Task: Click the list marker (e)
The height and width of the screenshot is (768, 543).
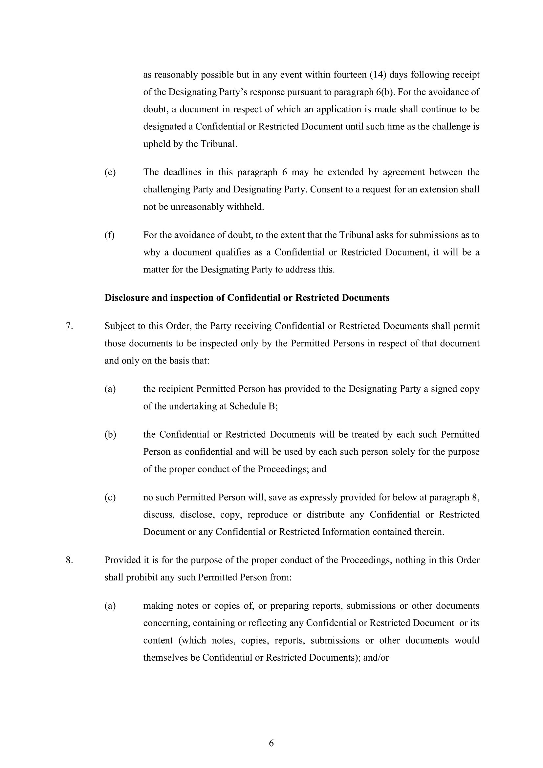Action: point(110,172)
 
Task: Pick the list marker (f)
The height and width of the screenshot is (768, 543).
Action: point(110,235)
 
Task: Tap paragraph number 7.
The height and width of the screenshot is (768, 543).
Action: point(69,326)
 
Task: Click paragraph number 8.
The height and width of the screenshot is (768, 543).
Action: point(69,560)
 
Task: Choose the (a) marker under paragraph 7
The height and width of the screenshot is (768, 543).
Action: point(110,389)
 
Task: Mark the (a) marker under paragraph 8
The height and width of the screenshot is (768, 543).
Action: point(110,606)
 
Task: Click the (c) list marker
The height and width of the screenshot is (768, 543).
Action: point(110,497)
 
